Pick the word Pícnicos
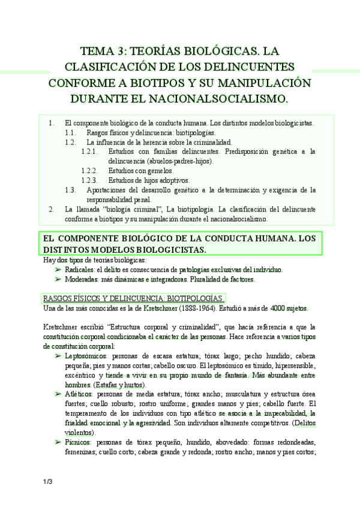(x=76, y=442)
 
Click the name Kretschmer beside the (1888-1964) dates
(x=148, y=308)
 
